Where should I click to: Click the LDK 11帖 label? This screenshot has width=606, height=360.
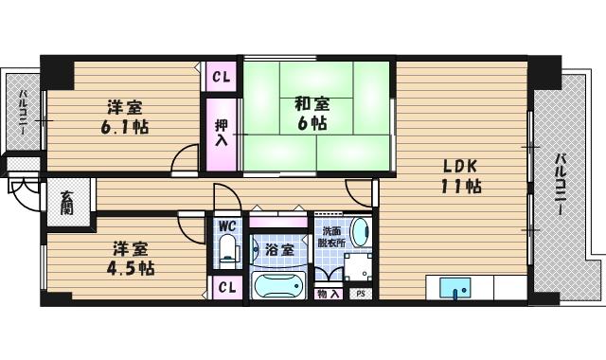461,175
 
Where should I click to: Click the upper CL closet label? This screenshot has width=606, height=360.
222,77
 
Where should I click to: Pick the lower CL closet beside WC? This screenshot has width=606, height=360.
226,287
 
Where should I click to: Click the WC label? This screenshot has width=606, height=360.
226,226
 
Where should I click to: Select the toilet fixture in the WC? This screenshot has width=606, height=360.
226,252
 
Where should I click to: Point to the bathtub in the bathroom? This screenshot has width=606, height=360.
278,285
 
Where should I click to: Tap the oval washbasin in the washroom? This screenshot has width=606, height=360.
360,232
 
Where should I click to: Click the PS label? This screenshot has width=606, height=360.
360,294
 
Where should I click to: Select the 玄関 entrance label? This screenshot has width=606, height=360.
68,203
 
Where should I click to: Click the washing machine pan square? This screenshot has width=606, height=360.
357,266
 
